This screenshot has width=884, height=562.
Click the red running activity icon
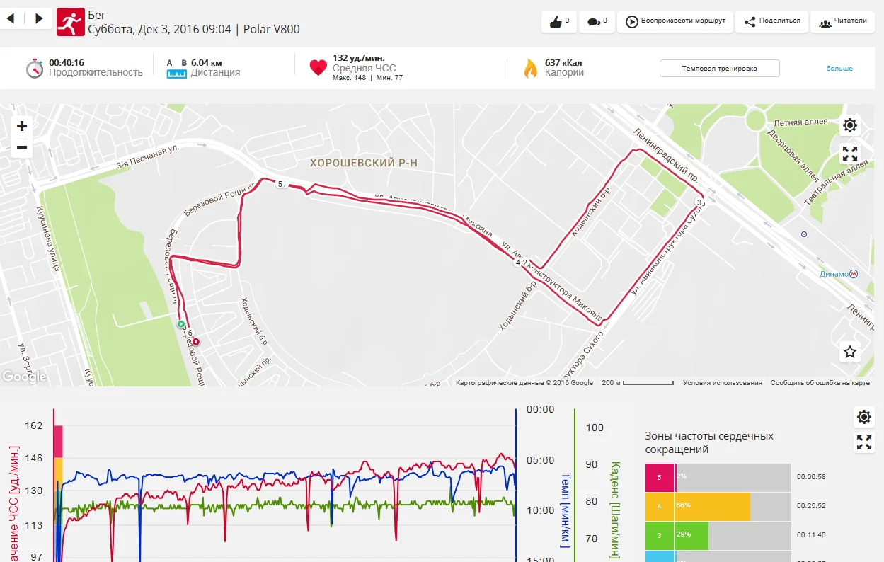tap(69, 21)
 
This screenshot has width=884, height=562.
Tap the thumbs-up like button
tap(558, 22)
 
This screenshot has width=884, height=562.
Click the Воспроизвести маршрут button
tap(675, 21)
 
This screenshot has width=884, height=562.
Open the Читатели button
tap(842, 21)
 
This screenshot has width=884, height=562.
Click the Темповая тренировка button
tap(719, 69)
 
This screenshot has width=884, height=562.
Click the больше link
tap(839, 69)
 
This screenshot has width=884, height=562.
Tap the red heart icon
tap(318, 68)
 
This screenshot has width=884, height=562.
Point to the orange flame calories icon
tap(530, 68)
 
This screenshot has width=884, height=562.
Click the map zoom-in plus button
tap(22, 127)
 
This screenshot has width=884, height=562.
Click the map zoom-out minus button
tap(22, 147)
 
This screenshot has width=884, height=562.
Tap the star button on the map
tap(850, 352)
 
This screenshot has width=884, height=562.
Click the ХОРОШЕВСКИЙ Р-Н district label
tap(364, 163)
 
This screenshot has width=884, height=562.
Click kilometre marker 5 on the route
tap(281, 184)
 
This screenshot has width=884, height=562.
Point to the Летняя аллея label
tap(800, 122)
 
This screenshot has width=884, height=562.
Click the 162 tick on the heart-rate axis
tap(33, 425)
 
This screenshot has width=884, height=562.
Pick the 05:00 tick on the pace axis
tap(541, 460)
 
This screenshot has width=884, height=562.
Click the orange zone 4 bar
tap(698, 506)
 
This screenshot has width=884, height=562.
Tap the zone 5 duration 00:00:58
tap(811, 477)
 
